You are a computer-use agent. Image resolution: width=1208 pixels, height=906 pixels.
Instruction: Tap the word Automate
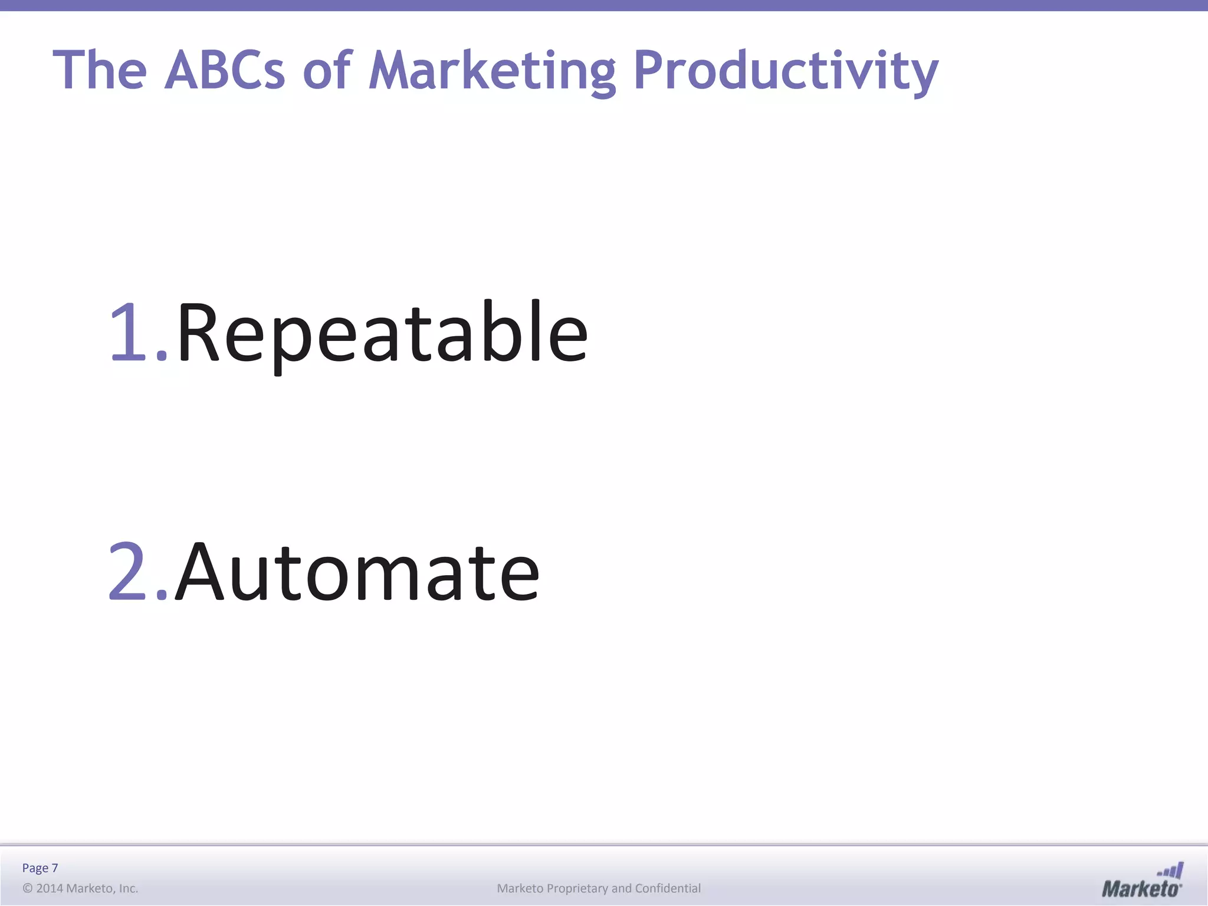point(357,572)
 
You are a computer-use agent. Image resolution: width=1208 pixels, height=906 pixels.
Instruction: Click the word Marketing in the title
point(492,70)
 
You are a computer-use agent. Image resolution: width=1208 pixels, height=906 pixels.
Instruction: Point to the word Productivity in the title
point(785,70)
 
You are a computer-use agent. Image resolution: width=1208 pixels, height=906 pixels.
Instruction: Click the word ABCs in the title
point(225,70)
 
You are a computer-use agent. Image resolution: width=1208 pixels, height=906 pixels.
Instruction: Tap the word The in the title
point(100,70)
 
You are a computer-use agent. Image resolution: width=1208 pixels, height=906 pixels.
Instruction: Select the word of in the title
point(327,70)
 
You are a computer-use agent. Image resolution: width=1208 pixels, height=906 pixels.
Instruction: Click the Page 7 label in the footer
point(40,868)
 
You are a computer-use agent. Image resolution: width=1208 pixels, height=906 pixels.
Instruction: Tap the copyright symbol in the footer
point(27,888)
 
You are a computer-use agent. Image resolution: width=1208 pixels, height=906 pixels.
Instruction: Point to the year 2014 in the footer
point(50,888)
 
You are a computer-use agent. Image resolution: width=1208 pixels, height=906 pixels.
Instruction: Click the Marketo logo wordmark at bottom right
point(1141,889)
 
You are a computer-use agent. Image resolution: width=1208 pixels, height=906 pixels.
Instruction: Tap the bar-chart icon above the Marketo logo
point(1171,871)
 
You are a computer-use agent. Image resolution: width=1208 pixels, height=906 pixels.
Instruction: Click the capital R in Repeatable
point(199,332)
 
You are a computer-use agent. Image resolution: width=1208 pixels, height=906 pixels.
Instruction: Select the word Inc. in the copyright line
point(128,888)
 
